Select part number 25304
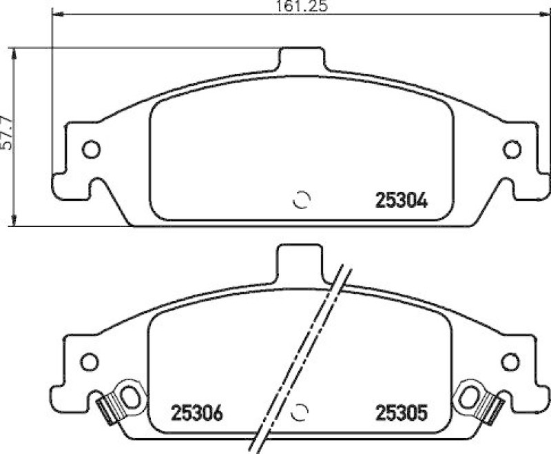[402, 201]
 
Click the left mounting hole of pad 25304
[91, 149]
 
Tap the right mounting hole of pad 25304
[512, 149]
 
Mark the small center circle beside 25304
[302, 199]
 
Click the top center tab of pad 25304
[301, 59]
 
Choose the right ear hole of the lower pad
[510, 361]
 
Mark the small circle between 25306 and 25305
[302, 411]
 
